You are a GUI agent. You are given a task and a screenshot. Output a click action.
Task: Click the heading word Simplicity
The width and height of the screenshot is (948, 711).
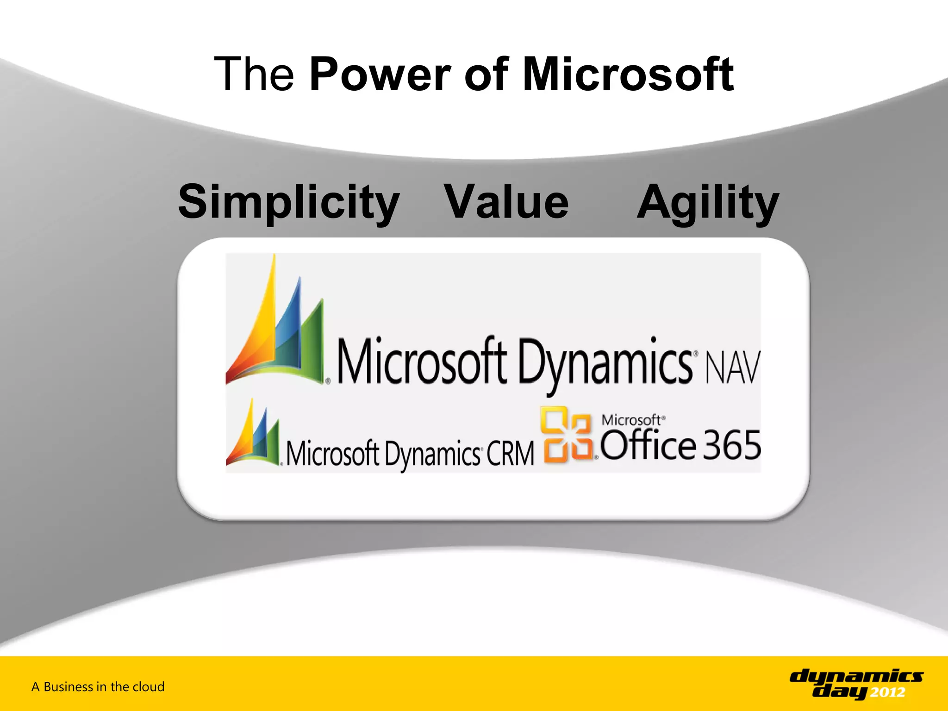point(289,202)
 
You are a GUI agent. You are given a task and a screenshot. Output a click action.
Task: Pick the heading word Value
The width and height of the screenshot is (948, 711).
point(506,202)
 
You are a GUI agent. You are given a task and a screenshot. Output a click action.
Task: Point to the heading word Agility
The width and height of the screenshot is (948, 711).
point(708,202)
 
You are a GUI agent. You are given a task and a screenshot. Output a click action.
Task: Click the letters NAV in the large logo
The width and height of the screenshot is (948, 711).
point(733,368)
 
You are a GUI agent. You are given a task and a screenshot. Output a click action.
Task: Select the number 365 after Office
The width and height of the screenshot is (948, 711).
point(732,445)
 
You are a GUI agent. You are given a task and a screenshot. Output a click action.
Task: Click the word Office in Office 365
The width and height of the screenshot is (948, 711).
point(648,445)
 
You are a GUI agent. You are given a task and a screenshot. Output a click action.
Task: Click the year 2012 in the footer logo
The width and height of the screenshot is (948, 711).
point(887,692)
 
